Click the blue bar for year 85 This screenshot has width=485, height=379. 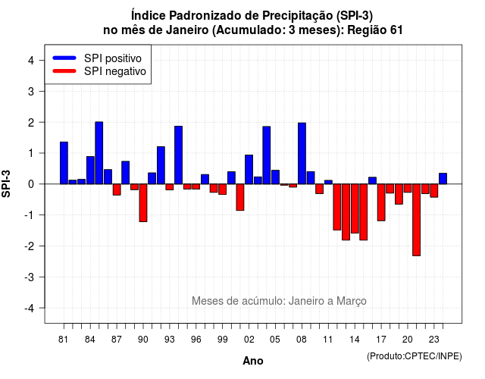[99, 153]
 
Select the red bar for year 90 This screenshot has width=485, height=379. [143, 203]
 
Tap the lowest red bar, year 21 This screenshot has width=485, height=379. [416, 220]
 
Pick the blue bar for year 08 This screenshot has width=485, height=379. [302, 153]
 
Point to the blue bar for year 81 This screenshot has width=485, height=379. [64, 163]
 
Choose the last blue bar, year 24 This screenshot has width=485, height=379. [443, 179]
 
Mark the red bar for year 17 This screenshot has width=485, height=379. [381, 202]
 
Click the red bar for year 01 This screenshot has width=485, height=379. [240, 197]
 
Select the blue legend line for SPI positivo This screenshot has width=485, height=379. [64, 58]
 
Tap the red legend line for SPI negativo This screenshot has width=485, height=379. [64, 71]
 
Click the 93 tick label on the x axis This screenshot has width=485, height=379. [170, 340]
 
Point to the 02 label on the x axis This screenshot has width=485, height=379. [249, 340]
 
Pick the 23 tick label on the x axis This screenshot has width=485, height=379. [434, 340]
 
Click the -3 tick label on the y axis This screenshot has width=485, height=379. [30, 277]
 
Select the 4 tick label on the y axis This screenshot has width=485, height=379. [31, 61]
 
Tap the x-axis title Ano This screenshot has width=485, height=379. [253, 361]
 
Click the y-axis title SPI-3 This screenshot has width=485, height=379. [6, 183]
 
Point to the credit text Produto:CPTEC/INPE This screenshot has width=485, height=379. [415, 356]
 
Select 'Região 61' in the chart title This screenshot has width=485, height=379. [375, 30]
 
